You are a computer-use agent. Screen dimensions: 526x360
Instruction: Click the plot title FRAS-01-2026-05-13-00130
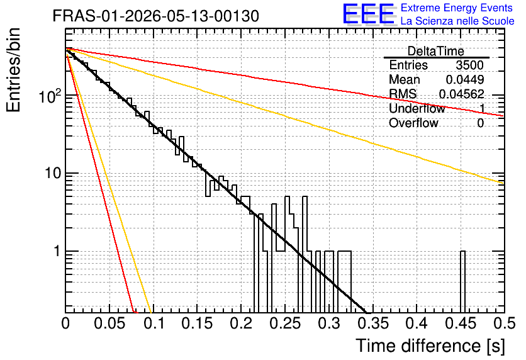click(156, 16)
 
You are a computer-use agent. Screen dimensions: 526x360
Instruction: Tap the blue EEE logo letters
click(368, 14)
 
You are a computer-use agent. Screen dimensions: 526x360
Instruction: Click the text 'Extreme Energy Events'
click(457, 8)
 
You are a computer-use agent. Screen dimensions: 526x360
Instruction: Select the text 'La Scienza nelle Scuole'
click(457, 21)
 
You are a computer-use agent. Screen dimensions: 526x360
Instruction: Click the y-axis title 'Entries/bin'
click(13, 70)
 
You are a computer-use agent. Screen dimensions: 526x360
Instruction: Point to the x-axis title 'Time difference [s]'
click(430, 346)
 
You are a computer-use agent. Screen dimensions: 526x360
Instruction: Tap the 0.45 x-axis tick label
click(461, 323)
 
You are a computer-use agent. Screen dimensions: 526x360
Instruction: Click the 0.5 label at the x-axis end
click(504, 323)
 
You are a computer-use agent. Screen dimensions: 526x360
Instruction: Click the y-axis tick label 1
click(57, 251)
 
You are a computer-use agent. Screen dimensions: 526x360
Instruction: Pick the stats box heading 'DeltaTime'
click(436, 51)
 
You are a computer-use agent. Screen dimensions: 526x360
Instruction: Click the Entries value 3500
click(469, 65)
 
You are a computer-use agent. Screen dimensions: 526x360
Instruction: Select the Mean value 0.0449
click(464, 79)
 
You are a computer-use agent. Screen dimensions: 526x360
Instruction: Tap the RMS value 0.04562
click(462, 94)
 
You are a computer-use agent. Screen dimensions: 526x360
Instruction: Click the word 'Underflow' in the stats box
click(417, 108)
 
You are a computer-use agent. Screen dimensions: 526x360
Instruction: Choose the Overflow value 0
click(480, 123)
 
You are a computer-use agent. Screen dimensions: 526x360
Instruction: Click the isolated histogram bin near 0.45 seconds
click(462, 282)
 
